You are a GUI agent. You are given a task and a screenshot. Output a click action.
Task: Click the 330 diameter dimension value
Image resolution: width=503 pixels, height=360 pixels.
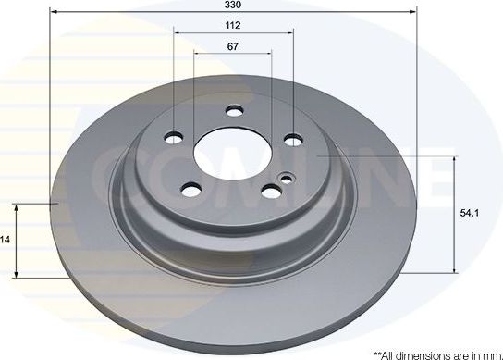233,5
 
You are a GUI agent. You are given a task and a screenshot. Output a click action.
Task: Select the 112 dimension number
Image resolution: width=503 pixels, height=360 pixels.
233,26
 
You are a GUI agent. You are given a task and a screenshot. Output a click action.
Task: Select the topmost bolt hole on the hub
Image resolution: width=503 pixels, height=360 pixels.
234,114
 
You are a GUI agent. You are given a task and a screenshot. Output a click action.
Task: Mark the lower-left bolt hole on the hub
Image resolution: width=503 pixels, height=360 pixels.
191,191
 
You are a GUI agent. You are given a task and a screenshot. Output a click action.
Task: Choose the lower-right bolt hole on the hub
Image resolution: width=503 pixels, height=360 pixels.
272,192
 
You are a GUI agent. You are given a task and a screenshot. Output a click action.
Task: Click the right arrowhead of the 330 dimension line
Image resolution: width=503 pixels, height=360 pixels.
411,12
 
